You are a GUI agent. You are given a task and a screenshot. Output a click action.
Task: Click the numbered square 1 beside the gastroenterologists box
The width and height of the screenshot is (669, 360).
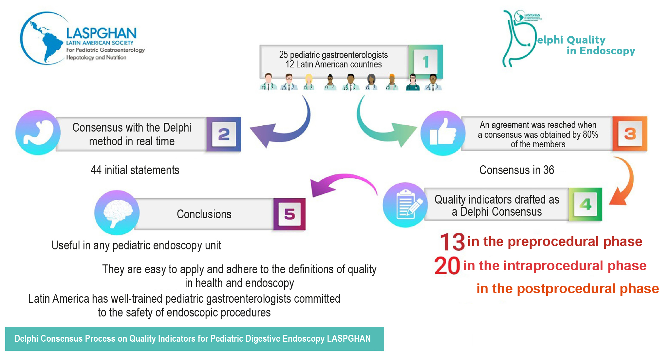point(425,62)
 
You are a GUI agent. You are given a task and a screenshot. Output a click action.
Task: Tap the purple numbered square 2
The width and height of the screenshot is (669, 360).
point(224,134)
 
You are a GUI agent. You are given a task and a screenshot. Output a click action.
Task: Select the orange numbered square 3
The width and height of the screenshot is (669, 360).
point(630,134)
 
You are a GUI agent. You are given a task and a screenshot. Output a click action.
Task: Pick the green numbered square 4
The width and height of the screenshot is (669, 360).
point(585,204)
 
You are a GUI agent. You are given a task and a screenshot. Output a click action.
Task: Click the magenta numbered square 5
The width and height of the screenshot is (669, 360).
point(289,214)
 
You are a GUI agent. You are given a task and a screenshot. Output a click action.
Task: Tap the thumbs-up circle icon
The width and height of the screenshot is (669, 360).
point(443,133)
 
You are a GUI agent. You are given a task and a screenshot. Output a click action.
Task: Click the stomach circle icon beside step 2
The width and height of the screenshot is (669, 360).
point(38,133)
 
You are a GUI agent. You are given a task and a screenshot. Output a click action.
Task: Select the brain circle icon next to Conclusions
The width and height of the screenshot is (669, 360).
point(117,213)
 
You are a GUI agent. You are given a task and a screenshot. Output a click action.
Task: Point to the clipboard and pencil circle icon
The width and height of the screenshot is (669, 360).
point(405,205)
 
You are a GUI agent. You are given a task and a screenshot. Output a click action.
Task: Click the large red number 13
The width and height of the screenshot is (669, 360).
point(452,242)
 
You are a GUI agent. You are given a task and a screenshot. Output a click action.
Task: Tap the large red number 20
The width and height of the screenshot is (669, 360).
point(447,266)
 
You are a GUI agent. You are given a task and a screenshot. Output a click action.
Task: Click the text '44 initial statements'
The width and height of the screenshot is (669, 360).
point(135,170)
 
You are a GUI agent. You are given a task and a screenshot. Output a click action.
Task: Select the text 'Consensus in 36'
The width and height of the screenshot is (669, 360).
point(516,170)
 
